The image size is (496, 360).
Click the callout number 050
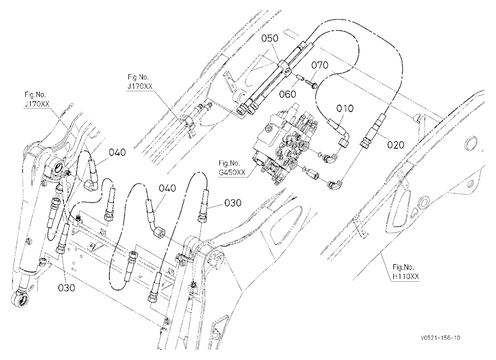[270, 38]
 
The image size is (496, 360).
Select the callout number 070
[320, 65]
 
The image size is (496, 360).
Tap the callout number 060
[288, 94]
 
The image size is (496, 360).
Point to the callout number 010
[345, 109]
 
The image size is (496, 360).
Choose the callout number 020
[396, 145]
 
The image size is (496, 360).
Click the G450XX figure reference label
[232, 173]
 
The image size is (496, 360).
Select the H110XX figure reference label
[406, 276]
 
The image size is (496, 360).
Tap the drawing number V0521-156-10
[440, 338]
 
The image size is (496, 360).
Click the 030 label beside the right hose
[233, 203]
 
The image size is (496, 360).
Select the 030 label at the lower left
[67, 288]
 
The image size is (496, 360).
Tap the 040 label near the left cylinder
[118, 152]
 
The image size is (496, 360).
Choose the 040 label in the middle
[167, 188]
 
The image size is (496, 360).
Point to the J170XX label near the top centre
[139, 86]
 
